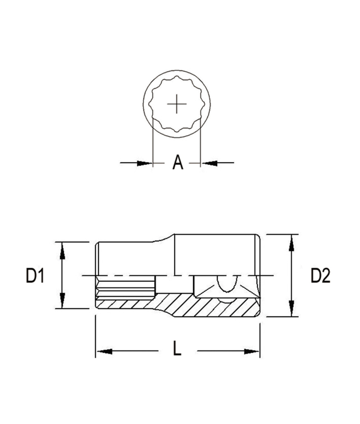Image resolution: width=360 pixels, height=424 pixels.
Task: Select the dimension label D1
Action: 35,276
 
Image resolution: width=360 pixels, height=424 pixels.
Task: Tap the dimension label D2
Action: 320,276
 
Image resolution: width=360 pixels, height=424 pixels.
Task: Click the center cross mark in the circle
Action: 177,104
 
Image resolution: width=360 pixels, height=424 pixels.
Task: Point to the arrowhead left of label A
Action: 145,163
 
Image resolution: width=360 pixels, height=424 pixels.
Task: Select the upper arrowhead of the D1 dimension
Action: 62,249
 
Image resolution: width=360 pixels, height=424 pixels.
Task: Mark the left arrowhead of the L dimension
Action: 104,351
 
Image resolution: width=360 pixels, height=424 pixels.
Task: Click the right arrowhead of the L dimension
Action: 251,351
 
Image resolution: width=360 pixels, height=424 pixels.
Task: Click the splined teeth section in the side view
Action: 125,288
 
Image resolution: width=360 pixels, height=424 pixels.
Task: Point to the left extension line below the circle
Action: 152,141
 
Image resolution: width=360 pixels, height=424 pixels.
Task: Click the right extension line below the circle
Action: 200,141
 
